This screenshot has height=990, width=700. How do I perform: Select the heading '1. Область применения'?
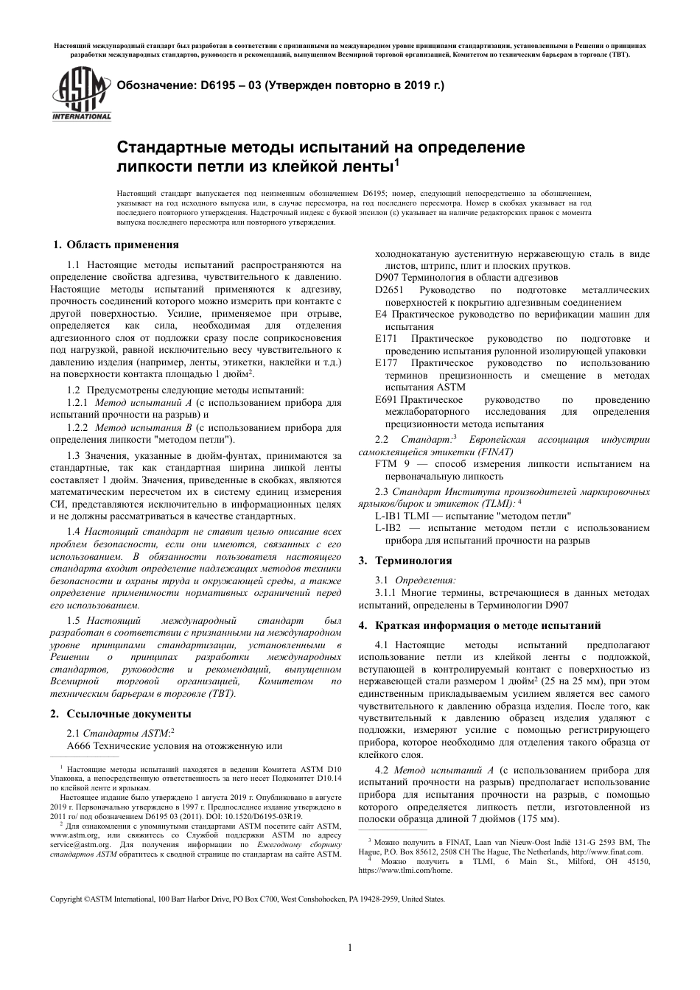pos(116,245)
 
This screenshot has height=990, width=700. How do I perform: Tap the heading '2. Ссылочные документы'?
pos(120,713)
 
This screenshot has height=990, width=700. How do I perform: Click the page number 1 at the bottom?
pos(350,948)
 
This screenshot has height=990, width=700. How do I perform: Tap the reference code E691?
pos(387,399)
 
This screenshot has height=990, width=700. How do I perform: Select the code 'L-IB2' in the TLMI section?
pos(388,528)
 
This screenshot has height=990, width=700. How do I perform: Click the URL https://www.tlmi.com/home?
pos(405,870)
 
